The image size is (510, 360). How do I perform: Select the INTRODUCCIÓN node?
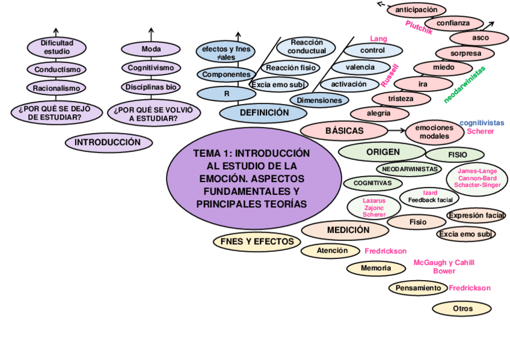pyautogui.click(x=108, y=142)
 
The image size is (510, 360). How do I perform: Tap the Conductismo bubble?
pyautogui.click(x=57, y=70)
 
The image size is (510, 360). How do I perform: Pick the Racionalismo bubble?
pyautogui.click(x=57, y=88)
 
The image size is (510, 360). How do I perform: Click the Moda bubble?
pyautogui.click(x=151, y=49)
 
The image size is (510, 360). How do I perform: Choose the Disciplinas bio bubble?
pyautogui.click(x=151, y=87)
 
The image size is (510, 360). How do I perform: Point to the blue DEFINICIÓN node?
pyautogui.click(x=264, y=112)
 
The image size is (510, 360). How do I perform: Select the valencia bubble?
pyautogui.click(x=360, y=67)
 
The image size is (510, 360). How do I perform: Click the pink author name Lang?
pyautogui.click(x=378, y=39)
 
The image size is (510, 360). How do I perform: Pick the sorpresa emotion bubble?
pyautogui.click(x=465, y=53)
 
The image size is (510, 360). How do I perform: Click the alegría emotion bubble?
pyautogui.click(x=379, y=112)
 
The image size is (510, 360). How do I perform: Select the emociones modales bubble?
pyautogui.click(x=434, y=132)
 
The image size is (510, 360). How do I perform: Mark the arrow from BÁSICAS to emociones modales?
pyautogui.click(x=397, y=130)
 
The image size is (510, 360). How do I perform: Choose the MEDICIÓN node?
pyautogui.click(x=348, y=230)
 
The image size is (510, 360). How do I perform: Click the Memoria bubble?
pyautogui.click(x=376, y=268)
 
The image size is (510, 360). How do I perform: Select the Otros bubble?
pyautogui.click(x=462, y=309)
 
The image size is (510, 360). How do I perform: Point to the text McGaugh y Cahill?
pyautogui.click(x=444, y=263)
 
